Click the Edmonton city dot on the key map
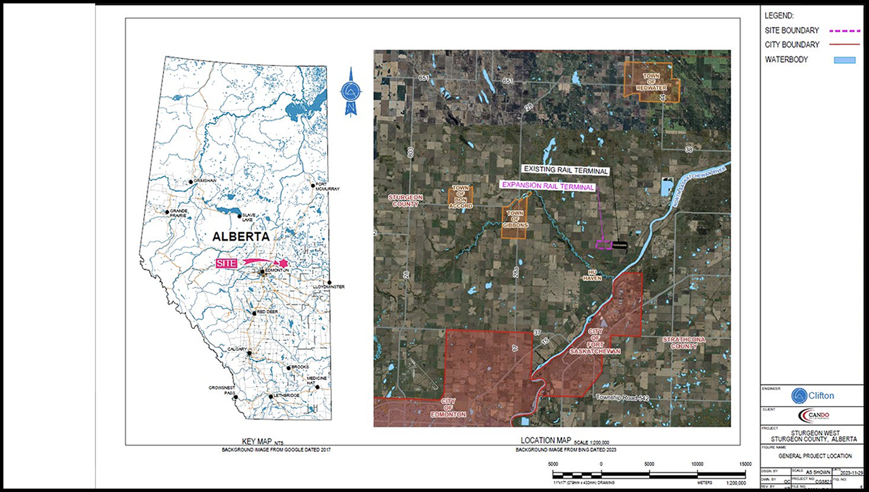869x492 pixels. (x=262, y=273)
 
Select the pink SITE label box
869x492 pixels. (x=227, y=263)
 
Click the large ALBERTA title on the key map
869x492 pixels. (x=240, y=236)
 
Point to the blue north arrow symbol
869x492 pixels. (x=351, y=91)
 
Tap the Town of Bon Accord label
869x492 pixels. (x=461, y=196)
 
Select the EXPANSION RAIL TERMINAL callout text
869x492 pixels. (x=547, y=186)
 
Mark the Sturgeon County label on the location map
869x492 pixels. (x=405, y=200)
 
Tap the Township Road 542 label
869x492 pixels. (x=628, y=397)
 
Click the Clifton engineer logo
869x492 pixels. (x=813, y=396)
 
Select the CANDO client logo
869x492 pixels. (x=813, y=415)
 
